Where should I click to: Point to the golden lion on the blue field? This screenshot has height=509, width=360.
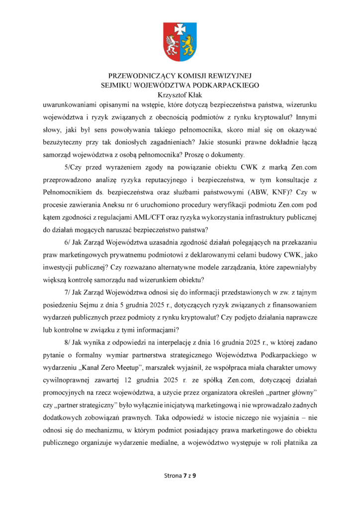[x=187, y=45]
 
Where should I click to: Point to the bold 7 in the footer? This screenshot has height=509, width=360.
[x=185, y=476]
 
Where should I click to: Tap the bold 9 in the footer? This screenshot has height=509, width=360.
[x=194, y=476]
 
